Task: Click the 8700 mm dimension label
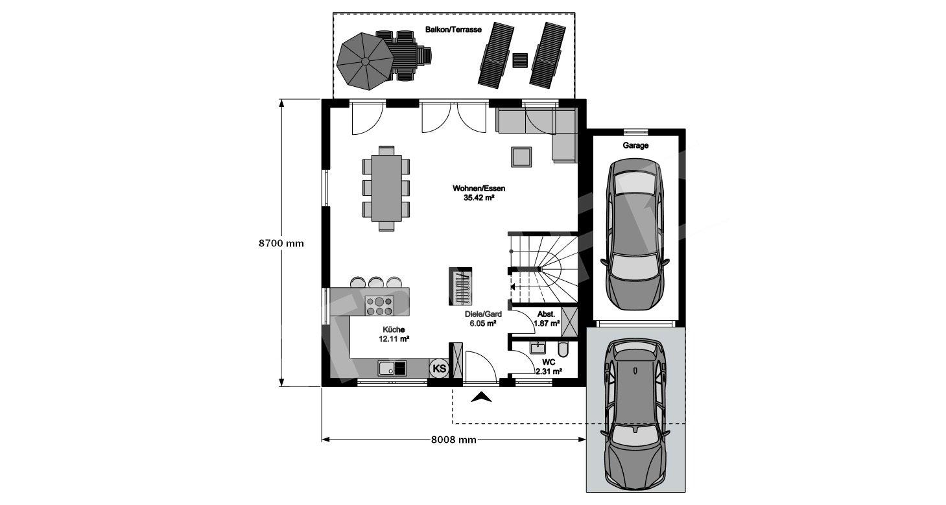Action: click(x=281, y=243)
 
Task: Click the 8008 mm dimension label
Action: click(x=454, y=440)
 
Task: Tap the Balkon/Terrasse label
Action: click(x=453, y=30)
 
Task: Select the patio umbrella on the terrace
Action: click(x=365, y=61)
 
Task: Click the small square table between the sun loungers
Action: click(x=520, y=60)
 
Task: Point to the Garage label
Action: click(x=635, y=145)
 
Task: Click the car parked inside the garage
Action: click(x=635, y=234)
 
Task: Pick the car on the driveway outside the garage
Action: click(x=635, y=414)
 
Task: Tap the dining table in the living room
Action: click(x=386, y=188)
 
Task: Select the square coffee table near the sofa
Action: click(x=521, y=157)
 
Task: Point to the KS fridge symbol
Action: click(x=439, y=368)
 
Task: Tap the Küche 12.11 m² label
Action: click(x=394, y=334)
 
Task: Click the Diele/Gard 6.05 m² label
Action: click(x=483, y=319)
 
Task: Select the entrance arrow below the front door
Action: click(x=481, y=397)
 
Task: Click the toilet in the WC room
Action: click(x=563, y=349)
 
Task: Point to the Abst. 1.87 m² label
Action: click(x=547, y=319)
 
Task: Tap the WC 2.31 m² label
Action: click(x=549, y=367)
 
